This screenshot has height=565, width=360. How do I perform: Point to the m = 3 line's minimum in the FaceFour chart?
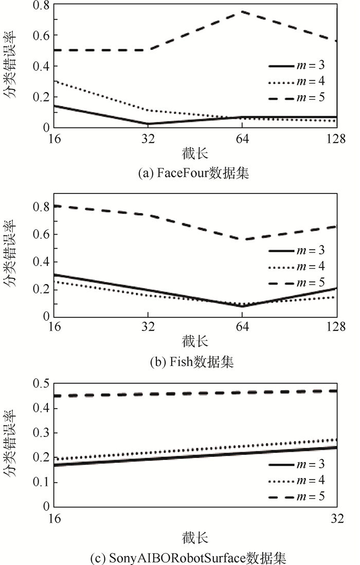[148, 124]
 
